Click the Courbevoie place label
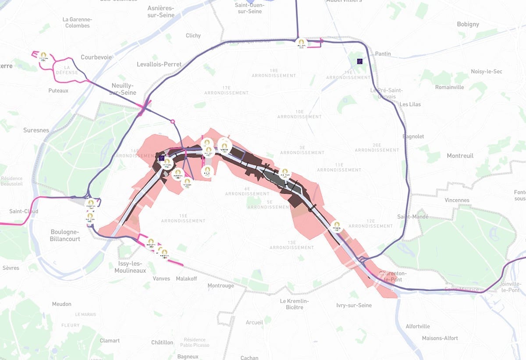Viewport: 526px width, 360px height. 96,57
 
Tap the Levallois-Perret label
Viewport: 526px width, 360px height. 159,64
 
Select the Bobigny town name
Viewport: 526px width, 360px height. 468,24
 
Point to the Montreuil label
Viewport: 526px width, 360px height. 460,156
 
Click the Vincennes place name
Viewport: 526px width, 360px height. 457,200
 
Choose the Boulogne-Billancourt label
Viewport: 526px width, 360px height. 65,236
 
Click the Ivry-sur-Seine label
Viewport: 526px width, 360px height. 354,305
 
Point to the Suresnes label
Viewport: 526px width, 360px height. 36,131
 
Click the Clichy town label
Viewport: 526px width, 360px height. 193,35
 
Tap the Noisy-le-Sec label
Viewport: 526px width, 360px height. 487,71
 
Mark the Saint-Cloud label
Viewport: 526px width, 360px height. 24,212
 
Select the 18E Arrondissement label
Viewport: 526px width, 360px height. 274,73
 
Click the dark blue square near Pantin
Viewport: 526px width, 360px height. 360,61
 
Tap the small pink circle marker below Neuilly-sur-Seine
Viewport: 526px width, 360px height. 172,121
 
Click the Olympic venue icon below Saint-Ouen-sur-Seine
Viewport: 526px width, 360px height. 300,43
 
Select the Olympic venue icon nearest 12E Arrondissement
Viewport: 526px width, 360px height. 336,226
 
